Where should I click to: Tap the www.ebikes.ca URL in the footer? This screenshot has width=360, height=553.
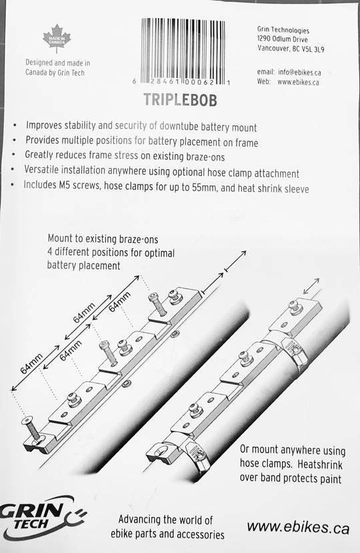[298, 527]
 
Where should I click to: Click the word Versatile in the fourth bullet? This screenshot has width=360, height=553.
[47, 173]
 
